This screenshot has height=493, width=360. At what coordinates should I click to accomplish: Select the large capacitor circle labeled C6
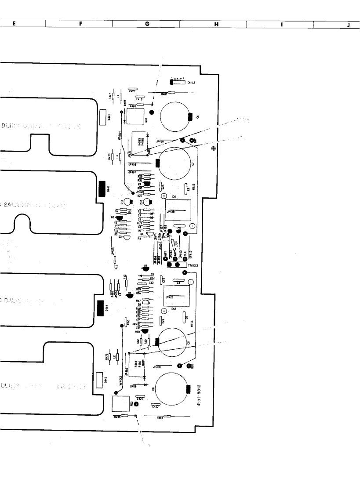click(175, 117)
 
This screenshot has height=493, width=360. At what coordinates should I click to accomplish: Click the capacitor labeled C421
click(132, 91)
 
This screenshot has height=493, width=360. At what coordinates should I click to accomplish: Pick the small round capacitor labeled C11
click(127, 202)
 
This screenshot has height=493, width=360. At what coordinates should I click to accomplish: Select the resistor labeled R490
click(125, 415)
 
